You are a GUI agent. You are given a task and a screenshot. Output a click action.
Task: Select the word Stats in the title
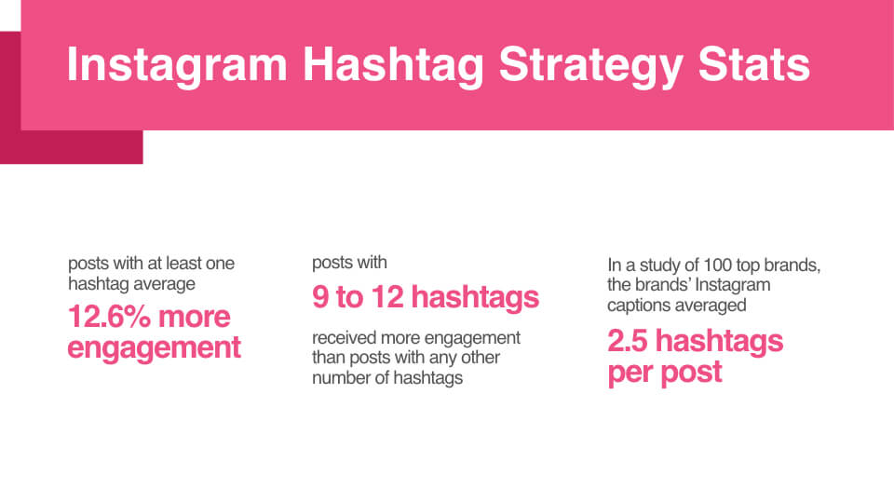[753, 64]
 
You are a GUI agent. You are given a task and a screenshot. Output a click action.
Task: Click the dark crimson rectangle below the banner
[72, 147]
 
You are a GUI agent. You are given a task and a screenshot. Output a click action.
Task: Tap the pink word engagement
[154, 347]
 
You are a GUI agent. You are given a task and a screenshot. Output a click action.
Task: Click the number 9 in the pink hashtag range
[320, 297]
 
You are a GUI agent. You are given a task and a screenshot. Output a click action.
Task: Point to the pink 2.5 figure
[627, 341]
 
